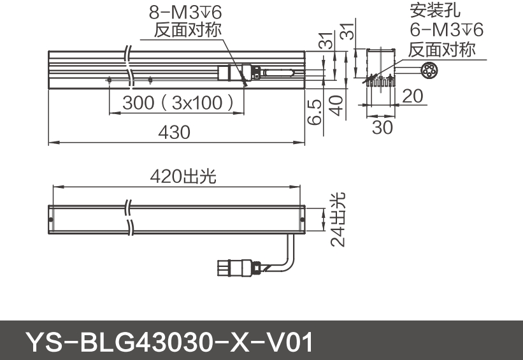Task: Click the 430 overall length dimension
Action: click(x=174, y=133)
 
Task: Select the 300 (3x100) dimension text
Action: click(x=175, y=103)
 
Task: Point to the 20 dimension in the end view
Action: click(x=413, y=96)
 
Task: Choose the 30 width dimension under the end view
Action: click(x=382, y=127)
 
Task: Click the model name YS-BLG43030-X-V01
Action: click(x=169, y=343)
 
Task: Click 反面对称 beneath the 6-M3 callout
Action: click(x=441, y=49)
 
